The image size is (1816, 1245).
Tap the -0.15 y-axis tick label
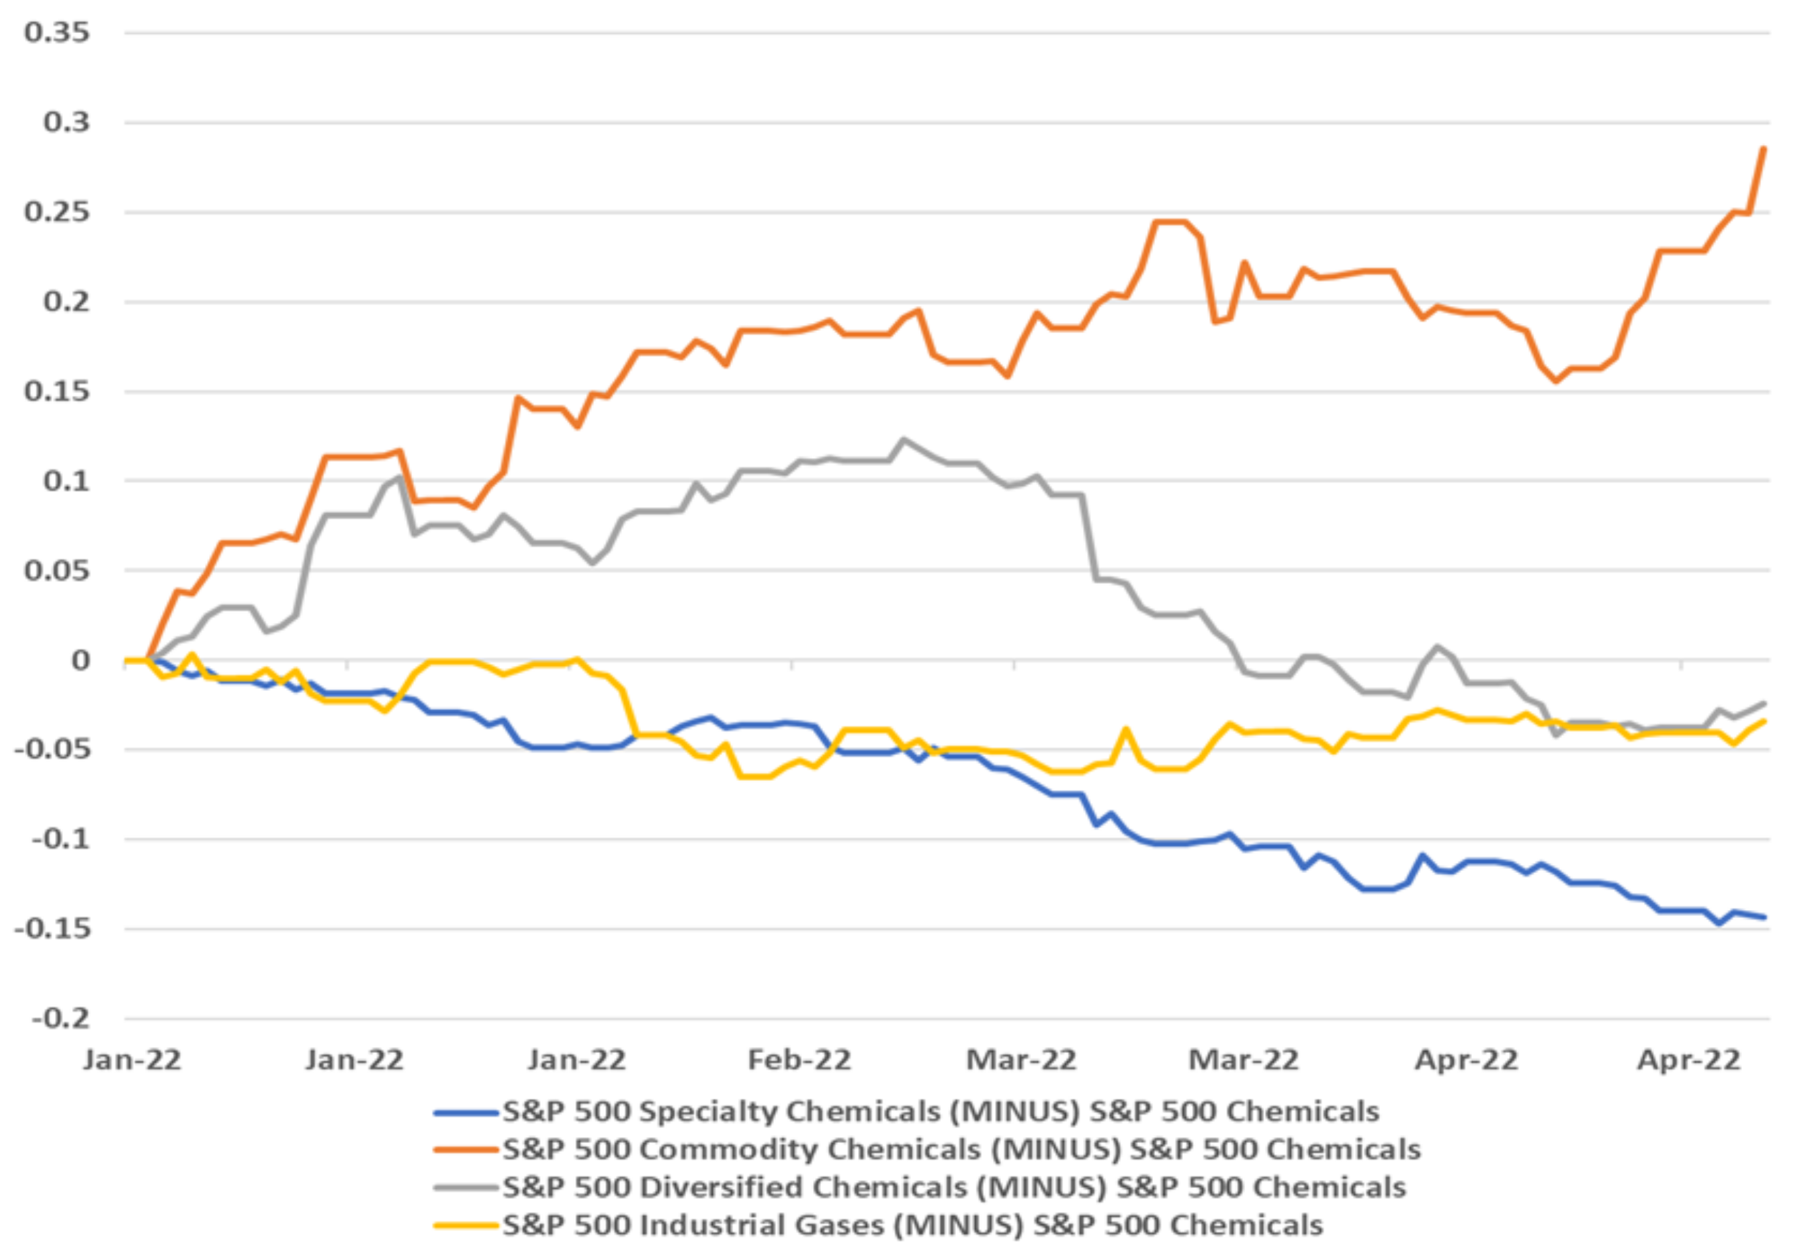[x=52, y=929]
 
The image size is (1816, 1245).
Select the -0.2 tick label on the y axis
[x=60, y=1019]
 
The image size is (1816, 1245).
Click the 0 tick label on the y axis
[x=81, y=661]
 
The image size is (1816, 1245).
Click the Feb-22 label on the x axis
[x=799, y=1060]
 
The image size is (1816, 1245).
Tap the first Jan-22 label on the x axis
[x=132, y=1060]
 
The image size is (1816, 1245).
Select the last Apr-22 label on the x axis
[x=1688, y=1060]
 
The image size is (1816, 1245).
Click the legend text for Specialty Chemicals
[x=940, y=1111]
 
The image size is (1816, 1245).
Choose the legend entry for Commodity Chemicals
[x=961, y=1149]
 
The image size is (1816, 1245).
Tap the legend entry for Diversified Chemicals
[x=953, y=1187]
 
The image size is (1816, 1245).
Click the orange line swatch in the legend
[x=466, y=1150]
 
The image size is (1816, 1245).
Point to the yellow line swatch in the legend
[x=466, y=1225]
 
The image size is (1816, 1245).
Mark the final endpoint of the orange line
[x=1764, y=148]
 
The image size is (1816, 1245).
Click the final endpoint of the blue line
[x=1764, y=917]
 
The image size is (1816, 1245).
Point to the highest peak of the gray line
[x=904, y=439]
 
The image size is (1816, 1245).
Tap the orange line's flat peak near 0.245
[x=1170, y=222]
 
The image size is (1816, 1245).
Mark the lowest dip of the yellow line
[x=754, y=776]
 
